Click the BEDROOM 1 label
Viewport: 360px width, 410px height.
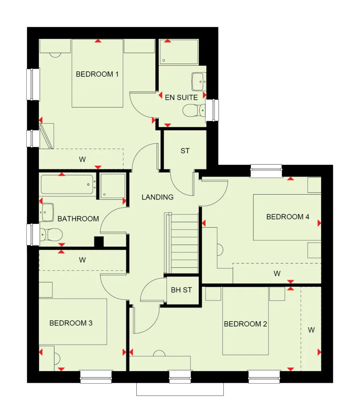point(97,74)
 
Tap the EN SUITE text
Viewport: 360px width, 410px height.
point(181,97)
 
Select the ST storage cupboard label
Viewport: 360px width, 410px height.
point(185,151)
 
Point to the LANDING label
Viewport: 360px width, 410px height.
point(158,197)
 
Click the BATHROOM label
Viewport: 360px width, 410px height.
point(78,219)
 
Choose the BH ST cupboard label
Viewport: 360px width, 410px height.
point(182,290)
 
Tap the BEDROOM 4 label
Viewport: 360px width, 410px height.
point(288,217)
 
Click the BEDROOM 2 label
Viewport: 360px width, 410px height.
point(245,324)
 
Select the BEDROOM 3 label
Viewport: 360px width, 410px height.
point(71,323)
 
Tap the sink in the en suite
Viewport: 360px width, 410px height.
point(198,81)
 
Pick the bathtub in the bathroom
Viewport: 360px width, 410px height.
point(68,185)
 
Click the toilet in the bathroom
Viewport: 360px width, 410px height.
point(51,234)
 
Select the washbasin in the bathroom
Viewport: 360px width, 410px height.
point(47,212)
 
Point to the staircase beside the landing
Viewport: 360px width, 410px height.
point(182,243)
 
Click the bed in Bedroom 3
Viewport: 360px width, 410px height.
point(73,321)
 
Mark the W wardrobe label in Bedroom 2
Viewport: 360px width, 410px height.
point(311,330)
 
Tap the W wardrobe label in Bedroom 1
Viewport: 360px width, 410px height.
point(82,159)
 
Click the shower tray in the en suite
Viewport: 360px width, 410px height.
point(179,52)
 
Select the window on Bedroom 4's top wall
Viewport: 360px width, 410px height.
point(266,171)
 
